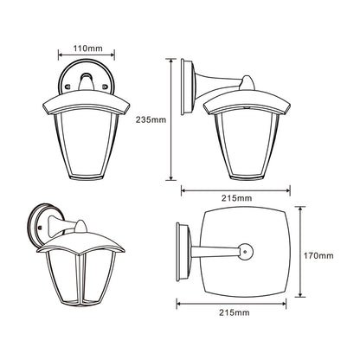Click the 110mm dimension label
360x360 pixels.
[87, 48]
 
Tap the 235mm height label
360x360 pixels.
[151, 119]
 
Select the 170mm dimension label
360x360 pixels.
[318, 255]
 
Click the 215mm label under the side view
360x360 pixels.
[236, 198]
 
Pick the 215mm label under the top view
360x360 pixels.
[235, 312]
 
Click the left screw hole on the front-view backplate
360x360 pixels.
[68, 86]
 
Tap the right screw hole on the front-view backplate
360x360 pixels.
[105, 86]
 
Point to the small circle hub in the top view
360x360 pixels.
[245, 251]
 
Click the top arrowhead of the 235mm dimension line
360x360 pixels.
[171, 61]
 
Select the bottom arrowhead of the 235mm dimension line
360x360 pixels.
[171, 177]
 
